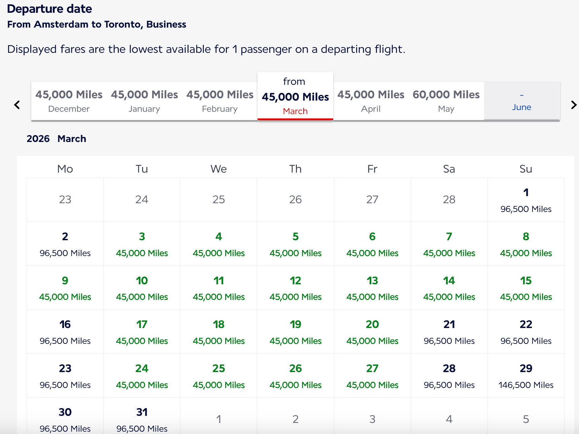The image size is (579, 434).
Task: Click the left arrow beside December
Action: point(17,105)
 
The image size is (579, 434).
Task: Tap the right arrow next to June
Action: point(574,105)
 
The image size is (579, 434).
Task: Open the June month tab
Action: point(521,101)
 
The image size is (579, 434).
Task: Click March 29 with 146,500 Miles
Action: point(526,376)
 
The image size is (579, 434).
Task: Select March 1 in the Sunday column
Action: point(526,200)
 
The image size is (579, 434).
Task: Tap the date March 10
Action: point(142,288)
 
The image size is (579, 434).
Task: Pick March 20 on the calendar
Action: point(372,332)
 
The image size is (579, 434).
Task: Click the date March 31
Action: point(142,419)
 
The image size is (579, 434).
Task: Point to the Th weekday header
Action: point(295,169)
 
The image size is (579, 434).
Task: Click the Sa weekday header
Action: point(449,169)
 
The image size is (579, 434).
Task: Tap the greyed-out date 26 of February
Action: point(295,200)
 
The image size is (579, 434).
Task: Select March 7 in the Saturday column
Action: point(449,244)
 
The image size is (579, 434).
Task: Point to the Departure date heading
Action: point(49,9)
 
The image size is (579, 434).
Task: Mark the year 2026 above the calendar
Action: point(38,139)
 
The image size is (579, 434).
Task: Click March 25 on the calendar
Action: point(218,376)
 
